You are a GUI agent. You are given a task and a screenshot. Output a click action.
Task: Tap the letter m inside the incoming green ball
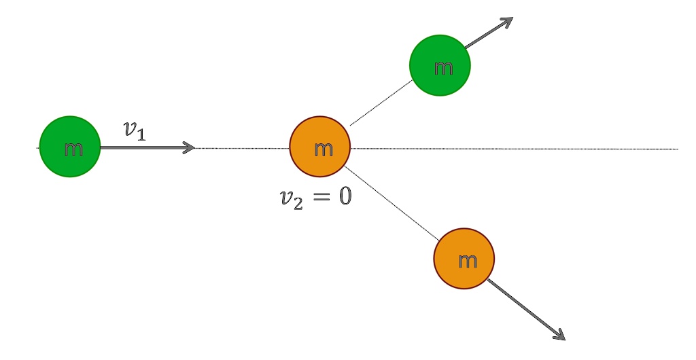click(73, 149)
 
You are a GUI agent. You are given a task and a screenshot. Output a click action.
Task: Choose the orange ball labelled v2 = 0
click(319, 147)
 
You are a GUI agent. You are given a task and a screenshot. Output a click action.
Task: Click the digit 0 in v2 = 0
click(343, 198)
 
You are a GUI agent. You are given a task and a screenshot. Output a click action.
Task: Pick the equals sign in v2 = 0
click(319, 198)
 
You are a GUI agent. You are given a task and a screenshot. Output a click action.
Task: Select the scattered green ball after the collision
click(440, 65)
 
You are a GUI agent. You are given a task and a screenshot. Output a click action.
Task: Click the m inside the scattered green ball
click(443, 67)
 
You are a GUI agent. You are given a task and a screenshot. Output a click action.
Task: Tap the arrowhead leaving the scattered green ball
click(506, 22)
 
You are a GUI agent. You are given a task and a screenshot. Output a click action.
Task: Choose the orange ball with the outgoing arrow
click(464, 259)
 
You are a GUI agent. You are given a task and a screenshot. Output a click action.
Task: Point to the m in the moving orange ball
click(468, 261)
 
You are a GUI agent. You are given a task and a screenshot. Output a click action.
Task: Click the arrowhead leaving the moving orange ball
click(559, 334)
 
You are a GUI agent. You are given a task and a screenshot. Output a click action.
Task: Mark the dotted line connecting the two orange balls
click(391, 201)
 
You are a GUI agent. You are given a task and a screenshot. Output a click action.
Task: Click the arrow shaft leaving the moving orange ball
click(523, 306)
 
